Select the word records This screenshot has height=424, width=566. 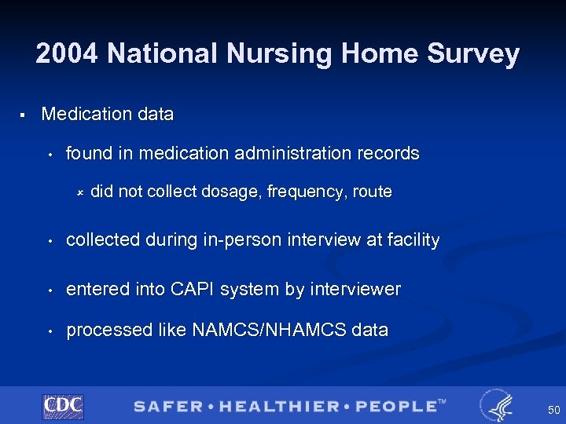tap(389, 153)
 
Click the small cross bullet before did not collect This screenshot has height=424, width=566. tap(79, 192)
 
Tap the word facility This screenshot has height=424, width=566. tap(412, 240)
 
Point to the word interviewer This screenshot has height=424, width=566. tap(355, 289)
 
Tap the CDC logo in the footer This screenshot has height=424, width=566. tap(63, 405)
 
